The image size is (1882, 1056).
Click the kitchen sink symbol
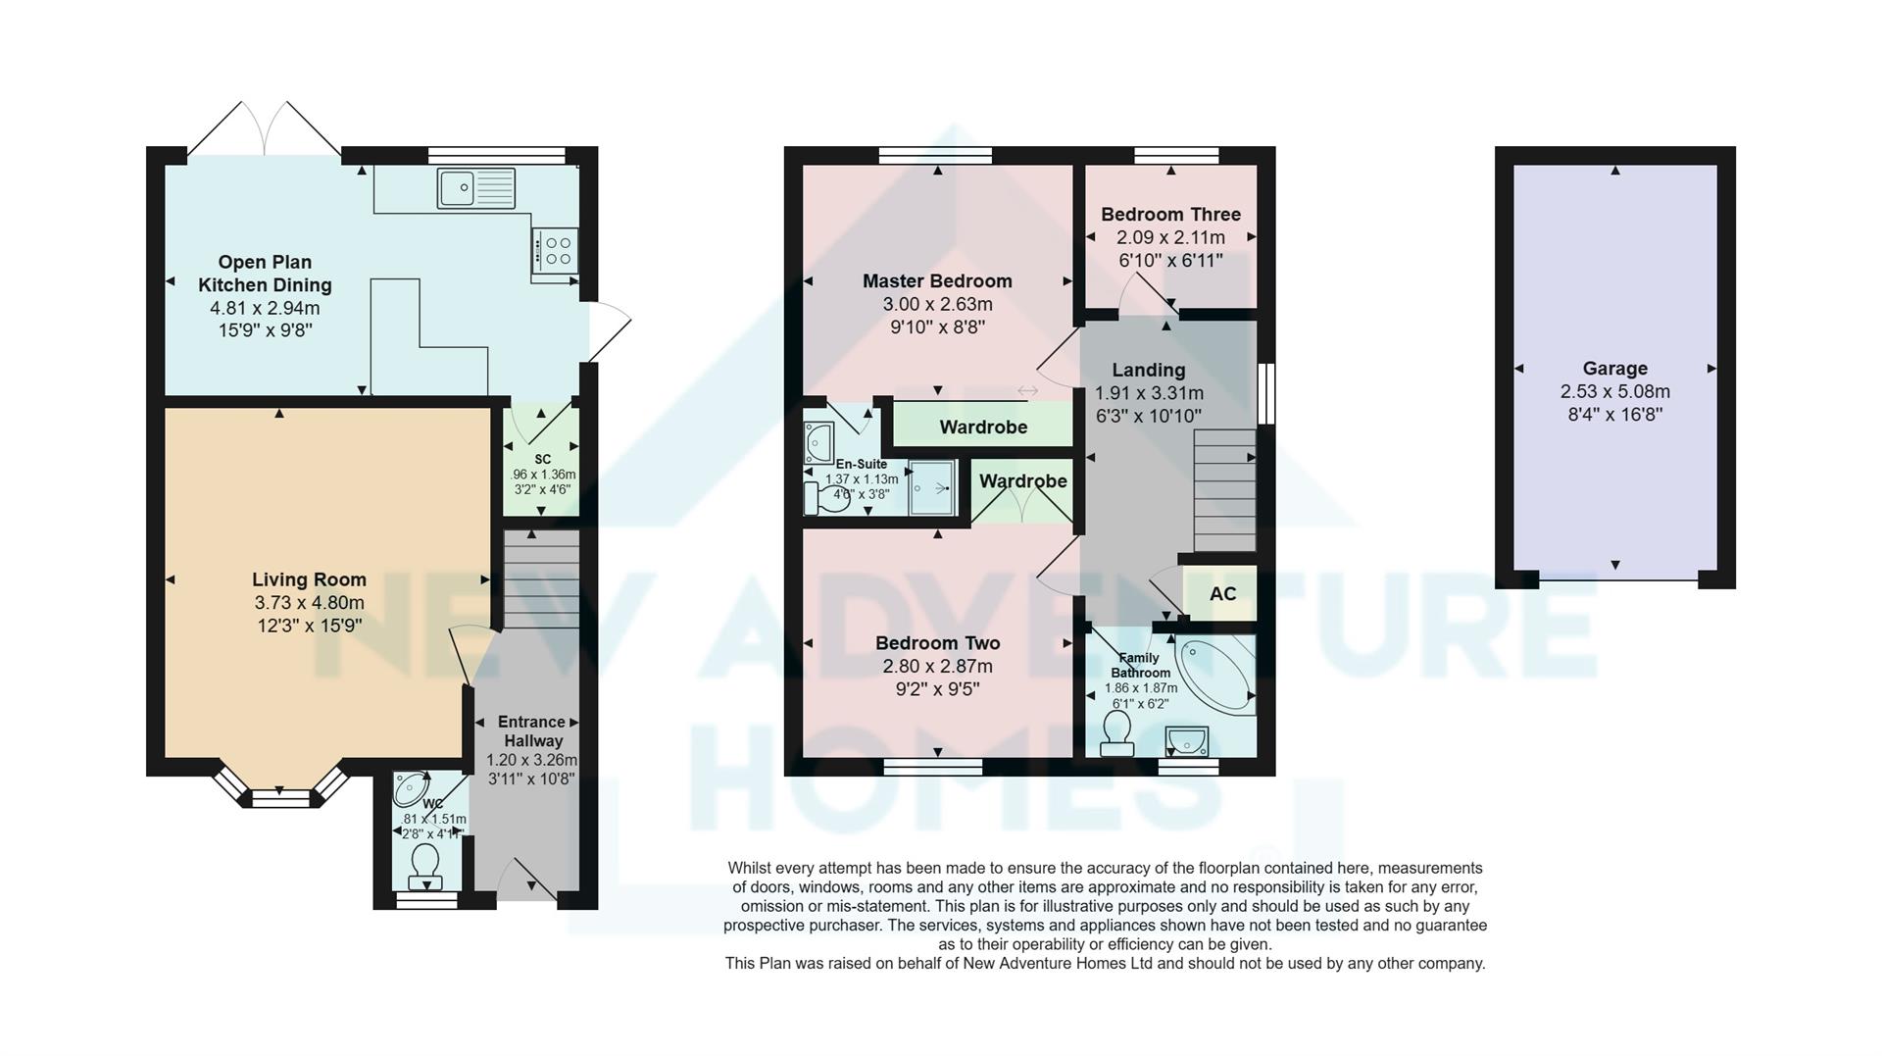tap(476, 188)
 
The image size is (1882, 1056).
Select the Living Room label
tap(309, 579)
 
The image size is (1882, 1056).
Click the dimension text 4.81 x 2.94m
tap(265, 308)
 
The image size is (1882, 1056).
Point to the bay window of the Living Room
tap(280, 790)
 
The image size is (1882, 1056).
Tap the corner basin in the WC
tap(412, 787)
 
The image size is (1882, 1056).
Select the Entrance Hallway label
tap(531, 731)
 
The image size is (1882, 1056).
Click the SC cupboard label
tap(542, 459)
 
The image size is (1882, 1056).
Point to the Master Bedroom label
tap(937, 281)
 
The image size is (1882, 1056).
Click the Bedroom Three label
tap(1170, 214)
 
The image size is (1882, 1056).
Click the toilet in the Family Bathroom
tap(1116, 734)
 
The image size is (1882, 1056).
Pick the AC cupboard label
tap(1222, 593)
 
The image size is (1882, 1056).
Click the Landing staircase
tap(1224, 490)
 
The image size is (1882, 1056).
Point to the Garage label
tap(1614, 369)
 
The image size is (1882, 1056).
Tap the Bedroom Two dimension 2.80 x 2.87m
tap(937, 667)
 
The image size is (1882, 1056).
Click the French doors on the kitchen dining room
tap(265, 132)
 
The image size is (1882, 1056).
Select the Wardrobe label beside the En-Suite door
tap(983, 427)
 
